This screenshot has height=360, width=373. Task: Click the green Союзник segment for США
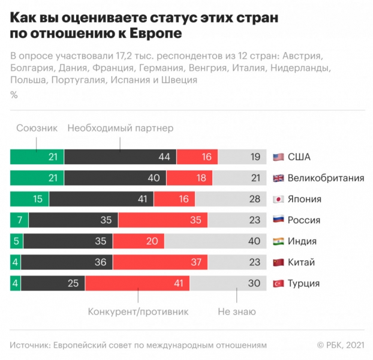[37, 157]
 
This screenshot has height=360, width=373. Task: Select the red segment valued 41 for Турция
[137, 283]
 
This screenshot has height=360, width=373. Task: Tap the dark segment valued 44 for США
[120, 157]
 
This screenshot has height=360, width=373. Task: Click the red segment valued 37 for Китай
[160, 262]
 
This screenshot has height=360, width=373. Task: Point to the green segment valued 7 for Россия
[19, 220]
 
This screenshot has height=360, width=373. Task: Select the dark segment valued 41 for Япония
[101, 199]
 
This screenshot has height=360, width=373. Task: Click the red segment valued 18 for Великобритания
[190, 178]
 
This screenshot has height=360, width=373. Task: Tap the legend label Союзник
[37, 128]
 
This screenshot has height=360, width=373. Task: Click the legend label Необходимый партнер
[120, 128]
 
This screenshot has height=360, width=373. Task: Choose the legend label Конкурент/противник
[138, 311]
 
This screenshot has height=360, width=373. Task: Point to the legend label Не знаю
[236, 311]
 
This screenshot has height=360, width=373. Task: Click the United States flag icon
[278, 157]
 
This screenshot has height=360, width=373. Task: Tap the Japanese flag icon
[278, 199]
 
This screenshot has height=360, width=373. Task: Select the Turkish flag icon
[278, 283]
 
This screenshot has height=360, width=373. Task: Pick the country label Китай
[302, 262]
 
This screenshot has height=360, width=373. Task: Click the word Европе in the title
[156, 34]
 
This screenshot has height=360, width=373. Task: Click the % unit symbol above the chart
[14, 95]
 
